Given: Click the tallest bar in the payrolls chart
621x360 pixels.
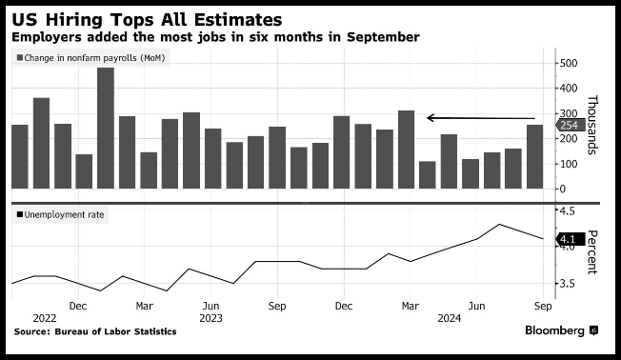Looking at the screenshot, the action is (x=106, y=128).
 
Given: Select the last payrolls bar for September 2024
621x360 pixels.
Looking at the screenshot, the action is (x=534, y=157).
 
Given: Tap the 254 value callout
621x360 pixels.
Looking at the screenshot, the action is (x=570, y=125).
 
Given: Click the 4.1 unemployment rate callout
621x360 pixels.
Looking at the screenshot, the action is (x=571, y=239).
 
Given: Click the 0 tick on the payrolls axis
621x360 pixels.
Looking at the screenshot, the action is (x=563, y=189).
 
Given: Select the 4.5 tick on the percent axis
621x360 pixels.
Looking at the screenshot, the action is (x=567, y=210).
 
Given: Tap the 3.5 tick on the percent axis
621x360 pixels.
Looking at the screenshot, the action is (x=567, y=284).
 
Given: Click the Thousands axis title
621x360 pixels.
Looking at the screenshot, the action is (x=592, y=125).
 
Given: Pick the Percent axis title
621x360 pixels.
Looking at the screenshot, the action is (x=592, y=251).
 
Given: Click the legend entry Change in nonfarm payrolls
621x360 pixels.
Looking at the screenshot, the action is (x=90, y=58).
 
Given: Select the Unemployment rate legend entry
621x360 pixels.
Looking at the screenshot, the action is (x=60, y=214).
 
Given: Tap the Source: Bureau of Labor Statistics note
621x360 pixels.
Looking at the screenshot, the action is (x=95, y=331).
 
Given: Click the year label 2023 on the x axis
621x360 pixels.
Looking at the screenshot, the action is (x=210, y=318).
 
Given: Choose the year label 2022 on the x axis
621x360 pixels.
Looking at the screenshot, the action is (x=45, y=318).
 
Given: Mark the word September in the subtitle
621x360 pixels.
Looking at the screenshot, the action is (x=383, y=37).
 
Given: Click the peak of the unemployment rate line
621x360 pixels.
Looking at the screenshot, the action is (x=499, y=224).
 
